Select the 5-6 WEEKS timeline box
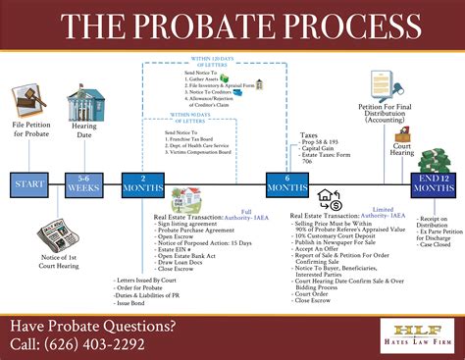click(x=83, y=183)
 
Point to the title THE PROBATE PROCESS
click(x=232, y=26)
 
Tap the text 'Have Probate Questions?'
click(x=93, y=326)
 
